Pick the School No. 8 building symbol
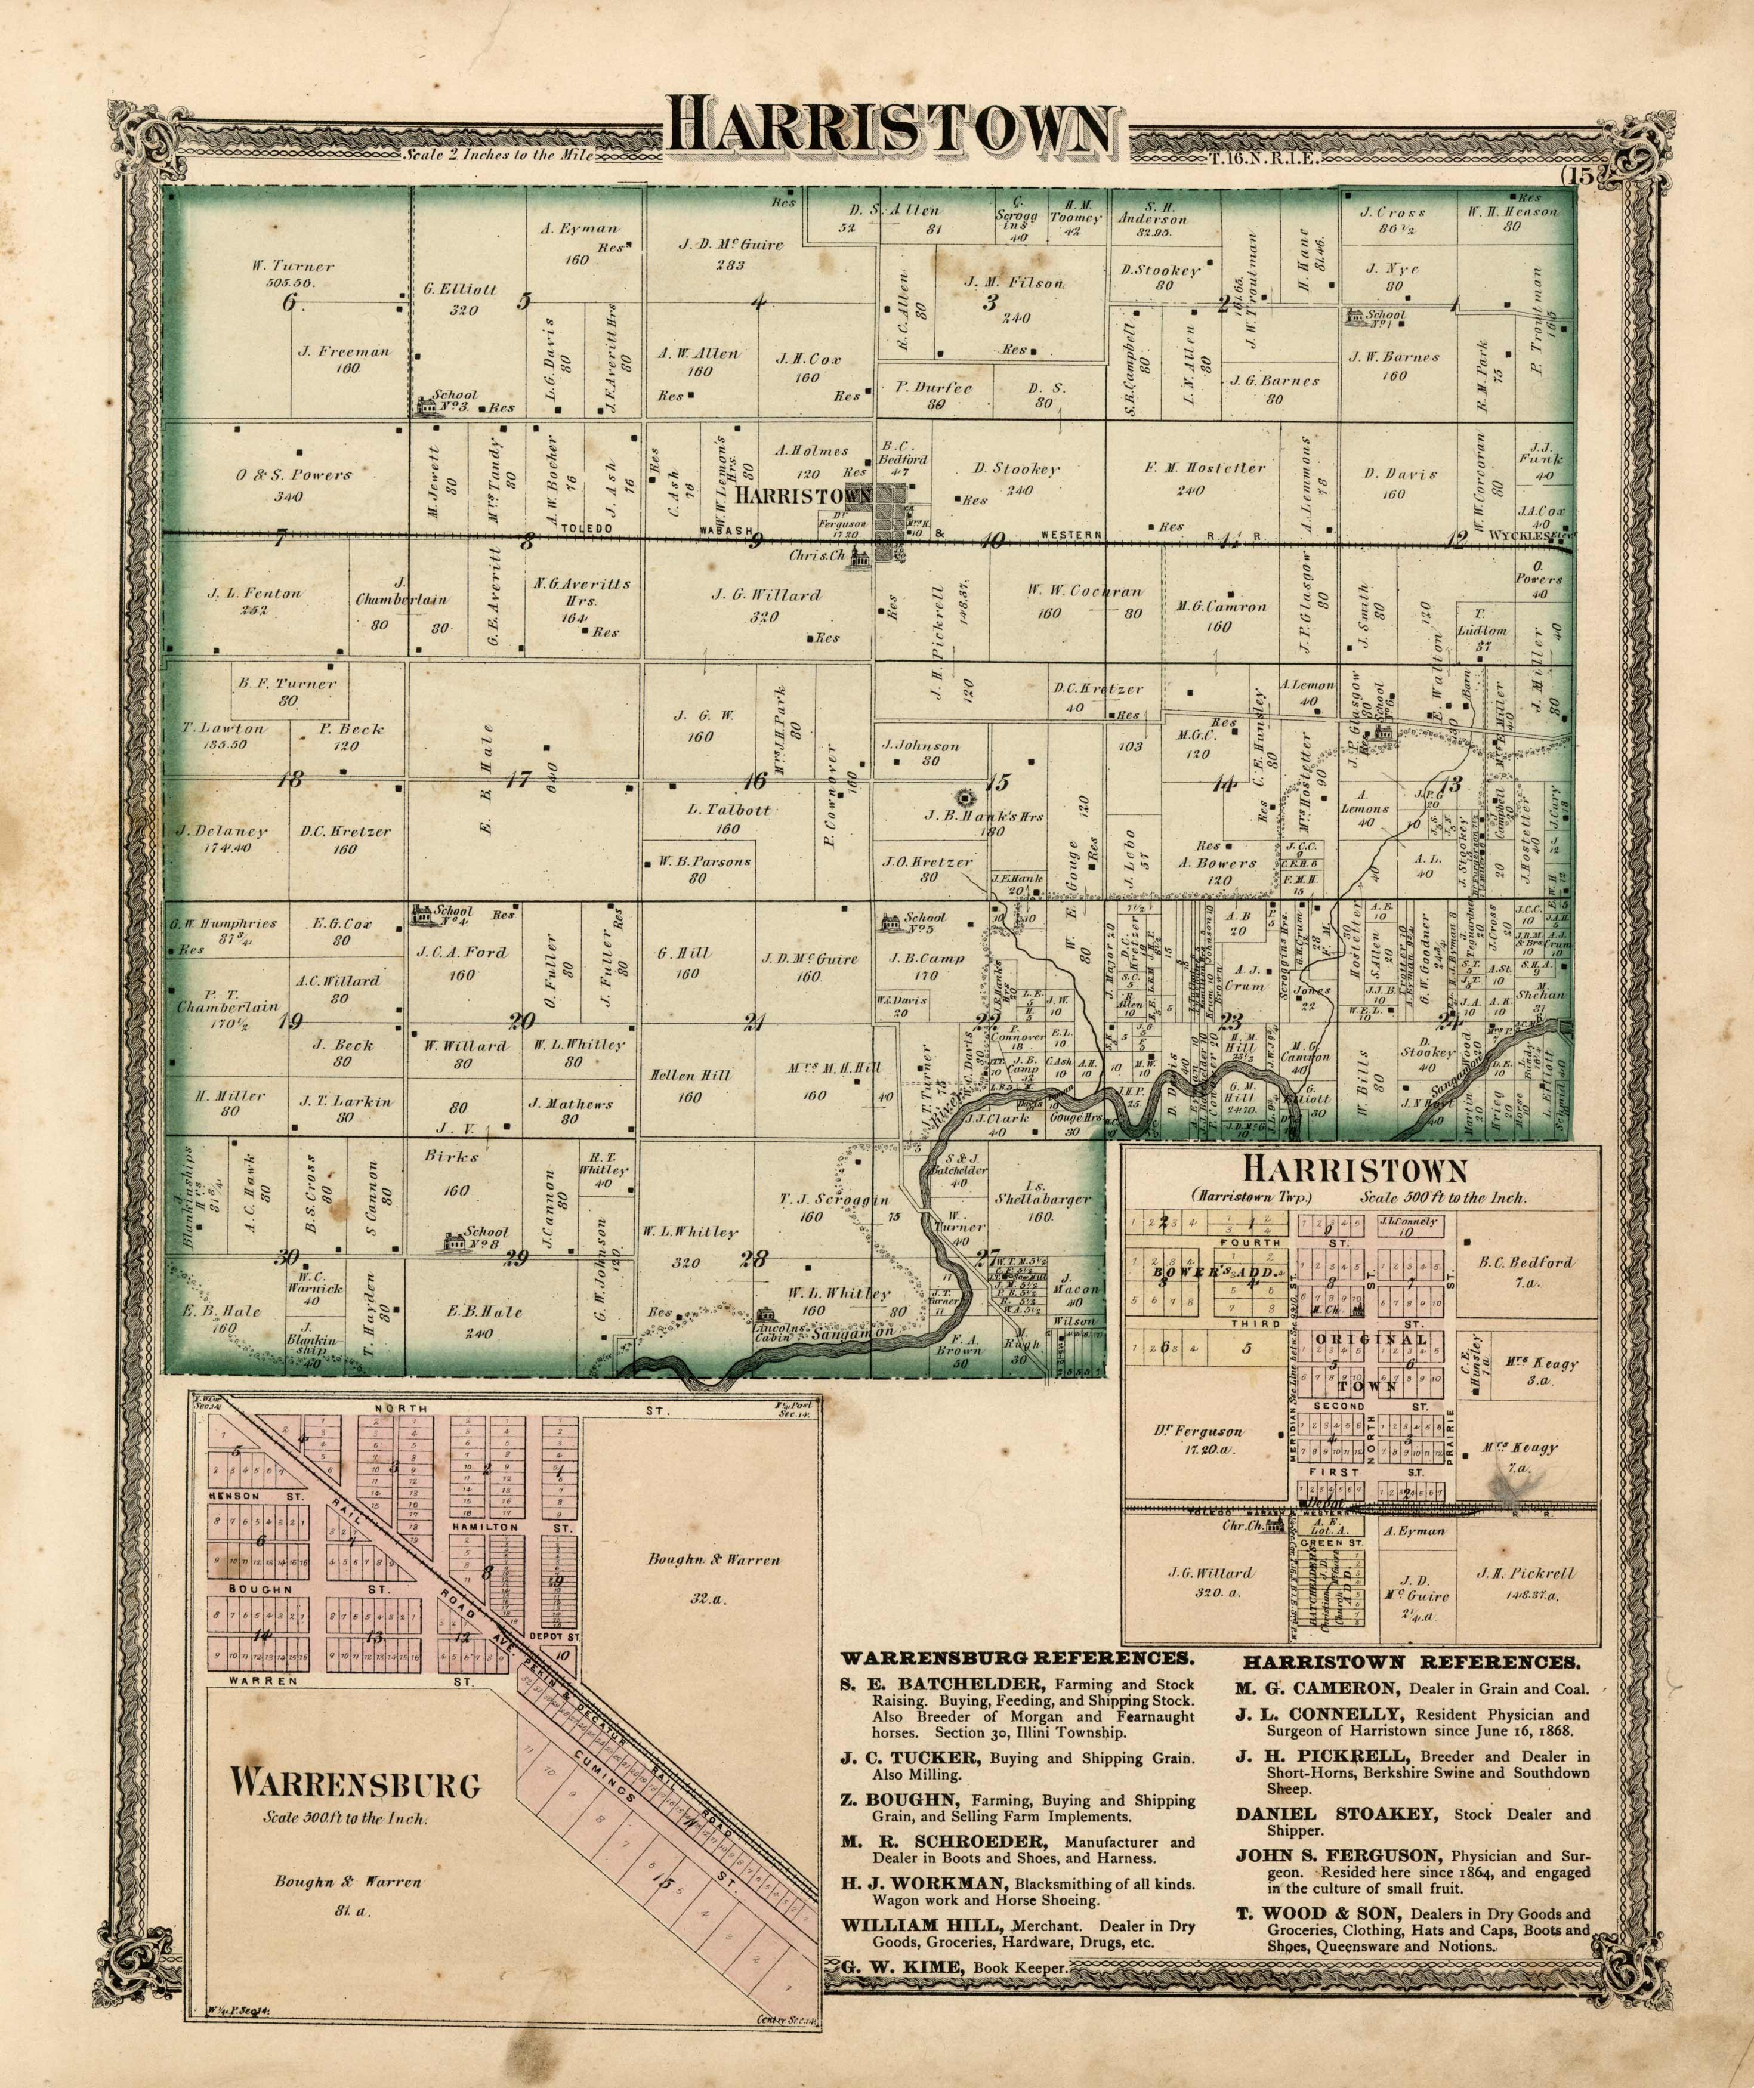[455, 1242]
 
